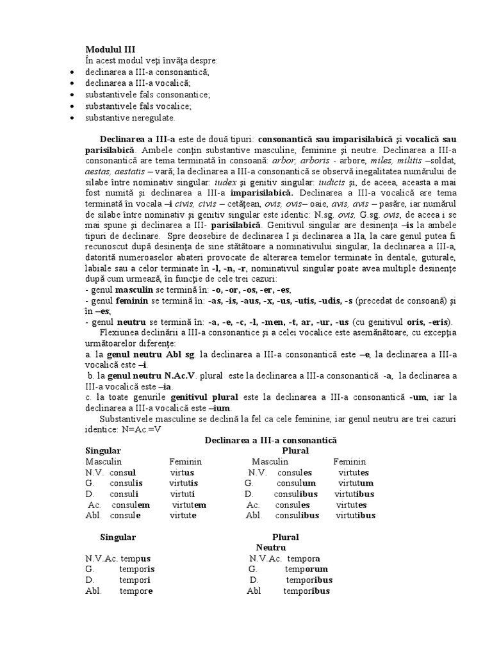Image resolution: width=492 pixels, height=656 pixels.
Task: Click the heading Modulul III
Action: (x=110, y=49)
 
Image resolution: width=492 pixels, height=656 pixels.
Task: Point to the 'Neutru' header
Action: (x=270, y=548)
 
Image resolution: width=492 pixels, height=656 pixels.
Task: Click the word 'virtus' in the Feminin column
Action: (x=182, y=472)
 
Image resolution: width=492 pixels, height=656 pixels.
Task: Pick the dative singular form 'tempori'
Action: (x=135, y=580)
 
